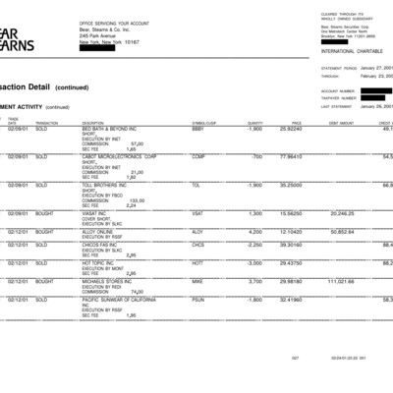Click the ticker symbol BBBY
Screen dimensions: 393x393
[198, 129]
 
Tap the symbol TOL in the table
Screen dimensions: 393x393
[196, 185]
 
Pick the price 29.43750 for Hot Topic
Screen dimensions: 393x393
[289, 263]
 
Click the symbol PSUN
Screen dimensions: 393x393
[198, 300]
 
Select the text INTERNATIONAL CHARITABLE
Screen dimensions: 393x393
[346, 50]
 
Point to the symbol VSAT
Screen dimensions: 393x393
[197, 213]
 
